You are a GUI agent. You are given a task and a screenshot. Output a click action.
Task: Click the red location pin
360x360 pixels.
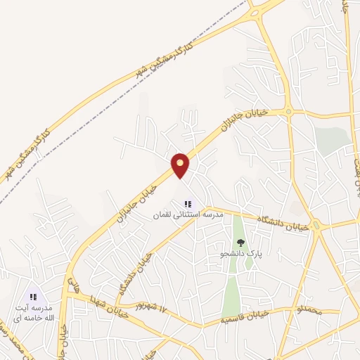pyautogui.click(x=181, y=165)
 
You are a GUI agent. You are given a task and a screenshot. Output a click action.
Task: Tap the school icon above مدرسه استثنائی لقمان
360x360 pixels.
pyautogui.click(x=188, y=204)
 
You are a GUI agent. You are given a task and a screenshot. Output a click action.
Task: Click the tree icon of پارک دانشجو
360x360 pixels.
pyautogui.click(x=240, y=243)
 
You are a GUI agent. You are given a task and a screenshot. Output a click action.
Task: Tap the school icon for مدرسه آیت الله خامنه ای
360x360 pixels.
pyautogui.click(x=33, y=297)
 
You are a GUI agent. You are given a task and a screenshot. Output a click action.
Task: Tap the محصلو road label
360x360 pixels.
pyautogui.click(x=309, y=309)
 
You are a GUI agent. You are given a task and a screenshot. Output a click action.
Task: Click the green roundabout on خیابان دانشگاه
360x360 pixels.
pyautogui.click(x=316, y=226)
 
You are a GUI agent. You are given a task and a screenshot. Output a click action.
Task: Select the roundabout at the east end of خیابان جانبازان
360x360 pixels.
pyautogui.click(x=287, y=111)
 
